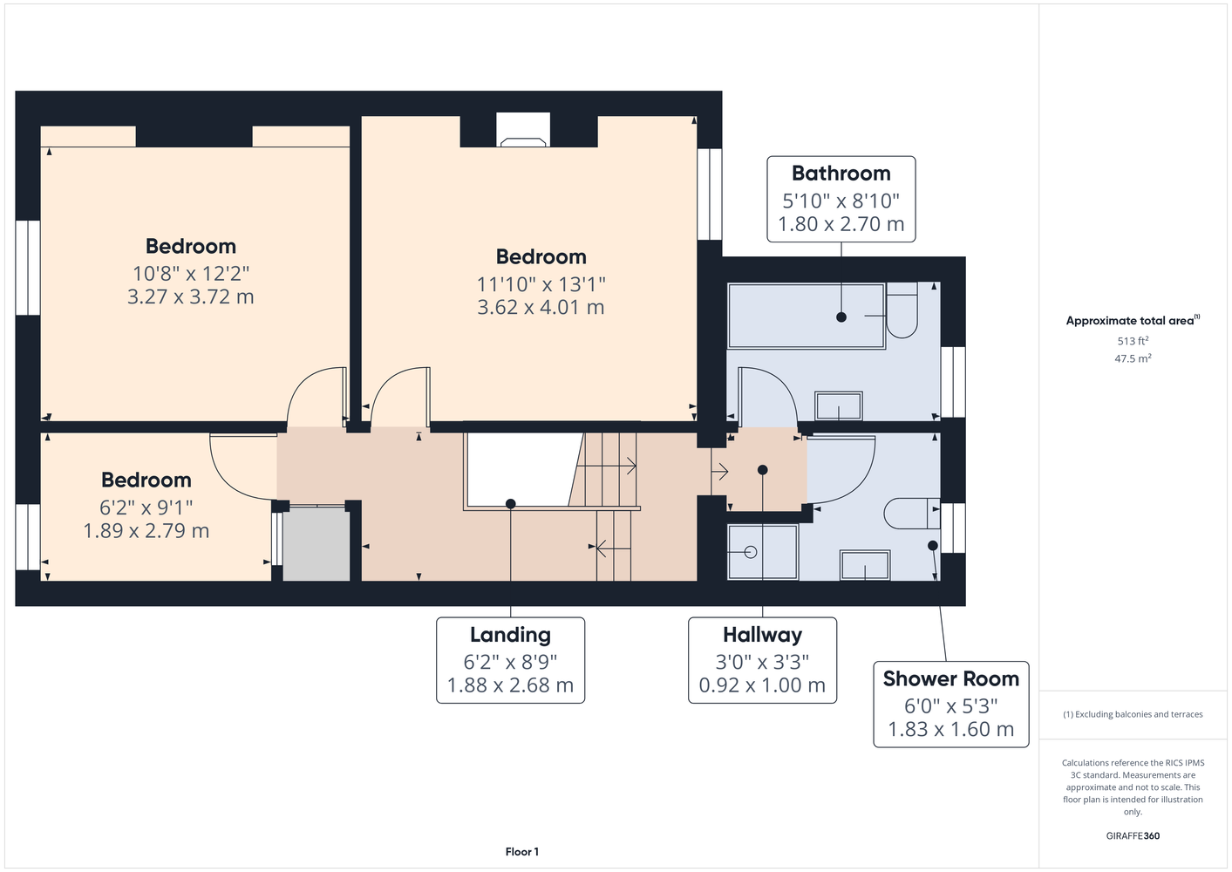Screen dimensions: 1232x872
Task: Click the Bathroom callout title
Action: point(841,174)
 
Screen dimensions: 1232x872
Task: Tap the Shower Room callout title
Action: point(951,679)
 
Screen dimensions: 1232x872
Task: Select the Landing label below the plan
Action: point(510,635)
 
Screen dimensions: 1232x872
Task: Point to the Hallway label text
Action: point(762,635)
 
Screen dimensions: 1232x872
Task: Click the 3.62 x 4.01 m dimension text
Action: point(541,307)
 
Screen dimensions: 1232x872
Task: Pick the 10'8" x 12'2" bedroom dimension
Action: point(191,274)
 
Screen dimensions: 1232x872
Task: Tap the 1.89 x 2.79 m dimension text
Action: point(146,531)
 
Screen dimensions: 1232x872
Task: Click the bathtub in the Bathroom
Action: point(807,316)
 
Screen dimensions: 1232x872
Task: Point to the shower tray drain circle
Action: point(751,552)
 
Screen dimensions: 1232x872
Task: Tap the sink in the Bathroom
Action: point(838,405)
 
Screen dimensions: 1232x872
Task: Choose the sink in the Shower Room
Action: point(865,565)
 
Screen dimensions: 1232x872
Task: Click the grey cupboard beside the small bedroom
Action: point(317,544)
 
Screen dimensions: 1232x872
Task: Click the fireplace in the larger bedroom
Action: point(523,130)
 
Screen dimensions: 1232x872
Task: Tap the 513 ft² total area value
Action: point(1133,341)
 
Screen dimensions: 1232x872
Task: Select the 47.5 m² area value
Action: point(1133,358)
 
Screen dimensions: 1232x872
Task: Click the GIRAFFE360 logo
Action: point(1133,835)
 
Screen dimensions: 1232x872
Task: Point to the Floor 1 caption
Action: point(522,852)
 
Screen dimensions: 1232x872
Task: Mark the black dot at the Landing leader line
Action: point(510,503)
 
